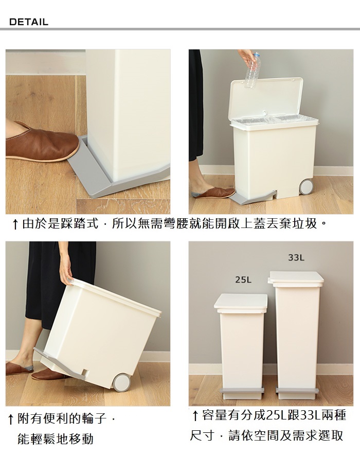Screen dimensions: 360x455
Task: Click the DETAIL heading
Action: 29,22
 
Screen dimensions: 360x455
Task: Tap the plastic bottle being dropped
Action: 252,71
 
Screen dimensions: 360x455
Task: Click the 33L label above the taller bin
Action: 296,257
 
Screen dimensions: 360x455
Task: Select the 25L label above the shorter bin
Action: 243,279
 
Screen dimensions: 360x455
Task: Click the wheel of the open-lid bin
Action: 306,187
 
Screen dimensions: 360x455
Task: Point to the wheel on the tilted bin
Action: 121,382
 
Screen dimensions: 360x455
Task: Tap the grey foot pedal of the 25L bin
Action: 243,390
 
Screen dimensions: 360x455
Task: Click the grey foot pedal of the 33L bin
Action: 297,390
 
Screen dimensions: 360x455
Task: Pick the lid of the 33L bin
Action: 296,278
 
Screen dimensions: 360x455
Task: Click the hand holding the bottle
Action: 247,57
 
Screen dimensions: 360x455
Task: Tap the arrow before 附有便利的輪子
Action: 11,419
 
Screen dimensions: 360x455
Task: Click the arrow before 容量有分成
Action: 195,415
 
